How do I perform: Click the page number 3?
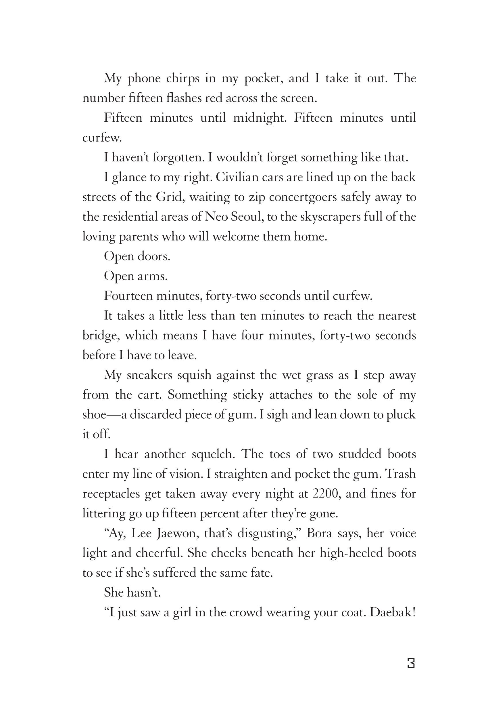(x=411, y=663)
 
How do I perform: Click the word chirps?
(x=183, y=79)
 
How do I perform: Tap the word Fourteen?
(x=128, y=296)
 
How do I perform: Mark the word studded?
(x=360, y=454)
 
